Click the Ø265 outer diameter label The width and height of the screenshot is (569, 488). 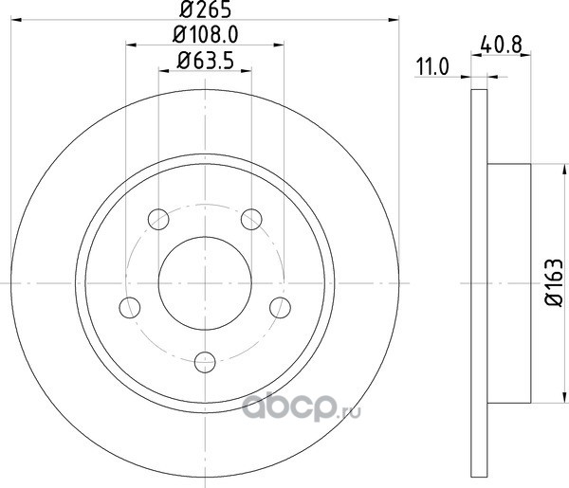coord(206,9)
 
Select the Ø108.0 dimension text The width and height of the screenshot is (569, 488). coord(206,35)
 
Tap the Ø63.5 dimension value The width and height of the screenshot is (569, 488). coord(206,61)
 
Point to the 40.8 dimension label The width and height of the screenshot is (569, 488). coord(501,45)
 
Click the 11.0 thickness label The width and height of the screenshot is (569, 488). coord(432,66)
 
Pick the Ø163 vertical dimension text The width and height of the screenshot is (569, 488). coord(555,282)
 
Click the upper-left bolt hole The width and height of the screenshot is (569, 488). coord(158,219)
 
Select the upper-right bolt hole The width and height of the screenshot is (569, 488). coord(251,219)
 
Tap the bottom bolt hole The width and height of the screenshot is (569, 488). coord(205,362)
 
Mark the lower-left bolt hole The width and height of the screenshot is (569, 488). coord(130,307)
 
